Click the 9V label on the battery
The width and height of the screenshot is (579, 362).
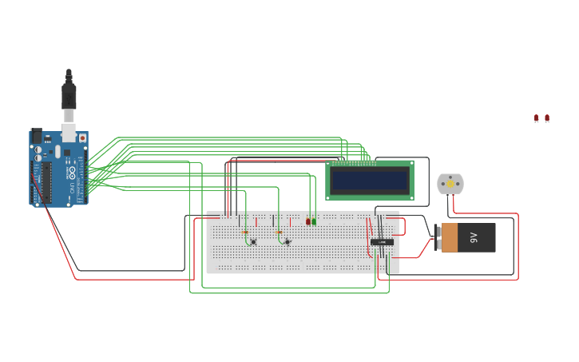pos(474,237)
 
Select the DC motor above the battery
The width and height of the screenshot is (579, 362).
pos(450,184)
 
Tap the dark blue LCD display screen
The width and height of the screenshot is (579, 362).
pos(370,180)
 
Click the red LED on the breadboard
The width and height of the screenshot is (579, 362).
pos(308,221)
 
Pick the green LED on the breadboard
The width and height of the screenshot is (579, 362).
pos(314,221)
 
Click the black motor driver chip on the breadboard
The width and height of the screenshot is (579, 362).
pos(381,241)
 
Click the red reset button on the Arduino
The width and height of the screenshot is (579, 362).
pos(81,138)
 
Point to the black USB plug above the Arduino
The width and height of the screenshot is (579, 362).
pos(69,95)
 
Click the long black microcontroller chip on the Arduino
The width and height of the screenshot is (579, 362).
pos(47,182)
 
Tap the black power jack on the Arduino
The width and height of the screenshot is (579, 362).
pos(37,135)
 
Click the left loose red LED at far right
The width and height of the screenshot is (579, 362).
pos(537,118)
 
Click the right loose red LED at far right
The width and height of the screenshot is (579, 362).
pos(547,118)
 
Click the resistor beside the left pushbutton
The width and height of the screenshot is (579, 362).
pos(244,232)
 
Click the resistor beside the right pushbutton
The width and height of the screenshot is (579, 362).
pos(279,232)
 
